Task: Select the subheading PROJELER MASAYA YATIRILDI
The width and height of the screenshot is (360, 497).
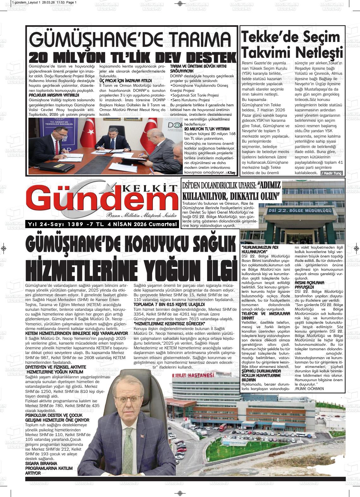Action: point(54,95)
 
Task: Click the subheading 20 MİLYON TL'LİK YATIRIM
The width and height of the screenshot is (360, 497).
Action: point(207,129)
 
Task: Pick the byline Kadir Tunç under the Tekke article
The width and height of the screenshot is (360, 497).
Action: point(332,173)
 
